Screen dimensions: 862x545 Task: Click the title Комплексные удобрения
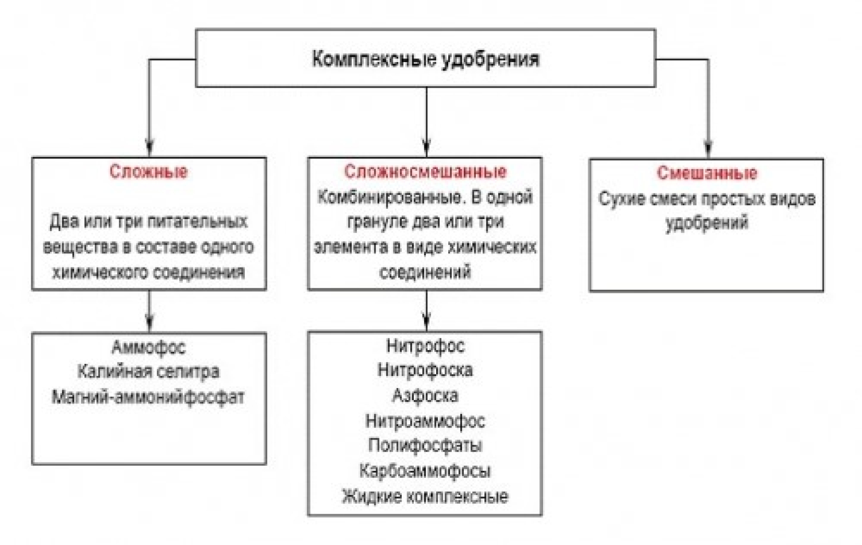pos(425,60)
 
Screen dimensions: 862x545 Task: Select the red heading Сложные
pos(148,171)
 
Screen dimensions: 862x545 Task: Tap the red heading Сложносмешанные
pos(425,171)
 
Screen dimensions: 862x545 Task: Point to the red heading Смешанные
pos(707,173)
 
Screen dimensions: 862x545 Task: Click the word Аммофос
pos(148,347)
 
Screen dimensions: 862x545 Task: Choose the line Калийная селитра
pos(148,372)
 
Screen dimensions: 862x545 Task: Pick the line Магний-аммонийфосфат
pos(148,397)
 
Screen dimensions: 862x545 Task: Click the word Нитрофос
pos(425,346)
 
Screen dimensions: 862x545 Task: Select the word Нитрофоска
pos(425,370)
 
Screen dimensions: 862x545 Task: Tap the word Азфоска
pos(425,395)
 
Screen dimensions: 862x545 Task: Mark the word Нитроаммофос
pos(425,421)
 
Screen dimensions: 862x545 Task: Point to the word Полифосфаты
pos(425,445)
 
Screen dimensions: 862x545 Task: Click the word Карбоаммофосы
pos(425,471)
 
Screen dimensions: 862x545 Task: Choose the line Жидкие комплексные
pos(425,496)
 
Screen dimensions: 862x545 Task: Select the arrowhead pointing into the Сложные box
pos(149,148)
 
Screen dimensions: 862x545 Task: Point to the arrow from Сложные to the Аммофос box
pos(149,311)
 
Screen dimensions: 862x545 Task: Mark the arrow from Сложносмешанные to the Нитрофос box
pos(426,310)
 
